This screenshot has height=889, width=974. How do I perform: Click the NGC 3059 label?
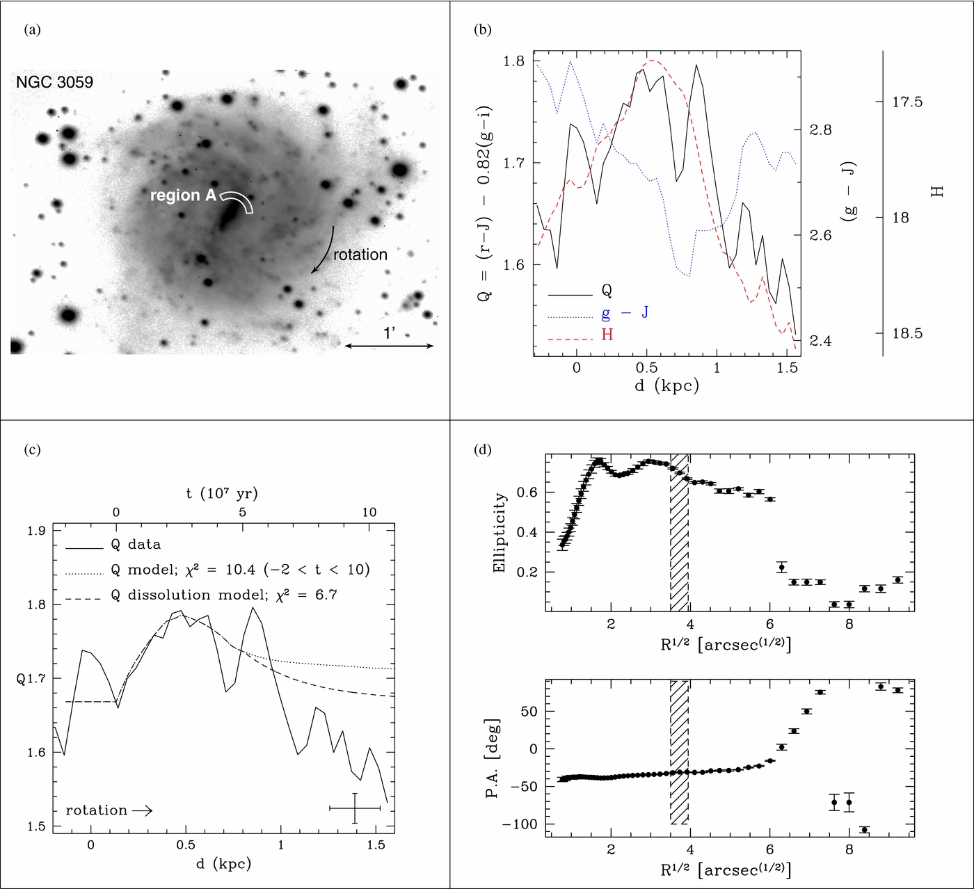54,82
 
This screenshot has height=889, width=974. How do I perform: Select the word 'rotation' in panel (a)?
360,255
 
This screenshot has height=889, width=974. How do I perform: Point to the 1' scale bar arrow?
389,346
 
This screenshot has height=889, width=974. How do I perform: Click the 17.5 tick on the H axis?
907,102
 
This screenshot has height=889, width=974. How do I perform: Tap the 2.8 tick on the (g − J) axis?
820,129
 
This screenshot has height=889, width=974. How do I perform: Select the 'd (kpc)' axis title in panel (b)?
666,385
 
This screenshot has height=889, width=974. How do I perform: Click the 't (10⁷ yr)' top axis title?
222,493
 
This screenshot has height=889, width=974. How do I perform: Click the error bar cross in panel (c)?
355,808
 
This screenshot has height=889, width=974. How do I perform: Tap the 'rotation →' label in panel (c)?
109,810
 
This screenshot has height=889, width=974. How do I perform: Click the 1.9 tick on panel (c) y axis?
36,530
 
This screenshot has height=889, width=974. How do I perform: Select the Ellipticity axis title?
499,533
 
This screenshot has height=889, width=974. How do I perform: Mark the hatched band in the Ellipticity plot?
680,533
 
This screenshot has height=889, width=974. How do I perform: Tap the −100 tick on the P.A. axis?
520,824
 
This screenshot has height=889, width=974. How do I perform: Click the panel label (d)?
483,450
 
